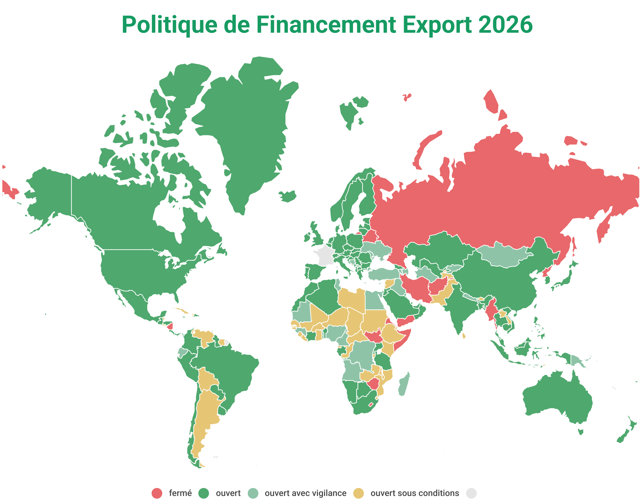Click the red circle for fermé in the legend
[157, 493]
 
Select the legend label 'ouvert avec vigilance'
[305, 493]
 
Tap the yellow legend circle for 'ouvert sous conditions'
[359, 493]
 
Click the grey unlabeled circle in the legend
[471, 493]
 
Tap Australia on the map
[558, 395]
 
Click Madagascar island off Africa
[404, 384]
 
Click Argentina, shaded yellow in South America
[207, 413]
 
